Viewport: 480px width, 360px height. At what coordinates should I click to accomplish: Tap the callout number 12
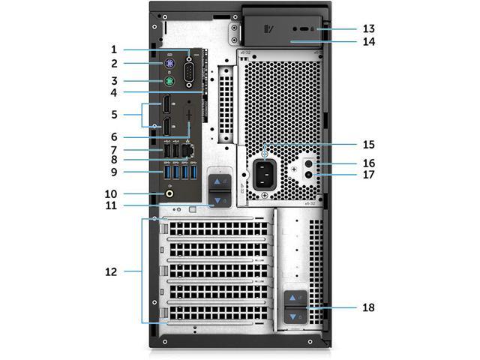pos(112,271)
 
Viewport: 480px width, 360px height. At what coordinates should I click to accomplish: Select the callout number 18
pos(368,307)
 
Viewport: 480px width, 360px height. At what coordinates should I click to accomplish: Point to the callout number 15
pos(368,144)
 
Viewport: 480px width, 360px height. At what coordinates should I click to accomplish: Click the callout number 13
pos(368,28)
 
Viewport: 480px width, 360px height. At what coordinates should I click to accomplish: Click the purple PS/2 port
pos(170,64)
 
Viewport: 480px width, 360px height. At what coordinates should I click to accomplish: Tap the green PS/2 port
pos(170,80)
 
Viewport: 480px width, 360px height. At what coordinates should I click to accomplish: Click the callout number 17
pos(368,178)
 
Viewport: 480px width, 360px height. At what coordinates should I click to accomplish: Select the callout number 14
pos(368,42)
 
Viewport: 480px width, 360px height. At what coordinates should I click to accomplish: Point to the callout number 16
pos(368,163)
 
